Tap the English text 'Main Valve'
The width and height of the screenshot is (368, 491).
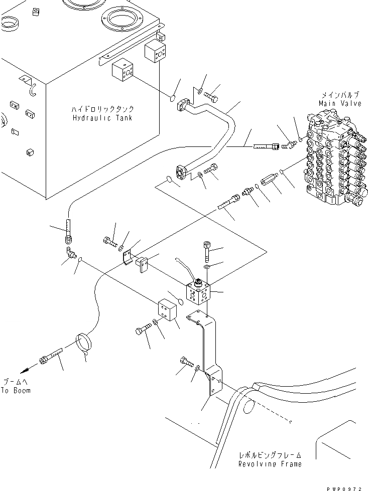click(x=340, y=103)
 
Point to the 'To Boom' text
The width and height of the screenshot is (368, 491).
click(x=15, y=390)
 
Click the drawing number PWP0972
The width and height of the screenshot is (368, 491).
click(x=346, y=486)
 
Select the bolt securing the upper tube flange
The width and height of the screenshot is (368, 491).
click(x=212, y=94)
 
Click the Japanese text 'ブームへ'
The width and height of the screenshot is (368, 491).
click(x=15, y=381)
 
